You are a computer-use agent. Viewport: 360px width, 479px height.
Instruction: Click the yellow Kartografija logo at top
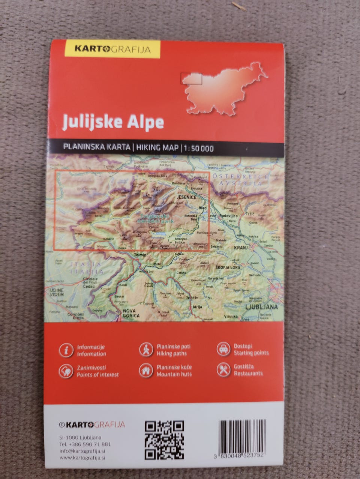coord(112,49)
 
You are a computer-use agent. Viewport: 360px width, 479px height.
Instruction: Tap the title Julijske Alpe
coord(113,122)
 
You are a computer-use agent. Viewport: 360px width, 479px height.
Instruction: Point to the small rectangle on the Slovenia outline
coord(191,78)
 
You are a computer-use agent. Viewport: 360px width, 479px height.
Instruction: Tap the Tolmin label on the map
coord(141,255)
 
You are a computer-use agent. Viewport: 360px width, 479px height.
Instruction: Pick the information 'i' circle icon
coord(66,350)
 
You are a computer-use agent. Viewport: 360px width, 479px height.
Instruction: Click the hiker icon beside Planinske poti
coord(146,350)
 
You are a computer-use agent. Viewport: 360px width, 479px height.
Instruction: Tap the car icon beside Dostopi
coord(223,349)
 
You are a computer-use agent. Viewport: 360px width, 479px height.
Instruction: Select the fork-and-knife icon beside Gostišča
coord(223,370)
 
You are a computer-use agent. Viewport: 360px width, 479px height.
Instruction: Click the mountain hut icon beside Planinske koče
coord(146,371)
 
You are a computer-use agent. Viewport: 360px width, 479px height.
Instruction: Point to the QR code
coord(164,440)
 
